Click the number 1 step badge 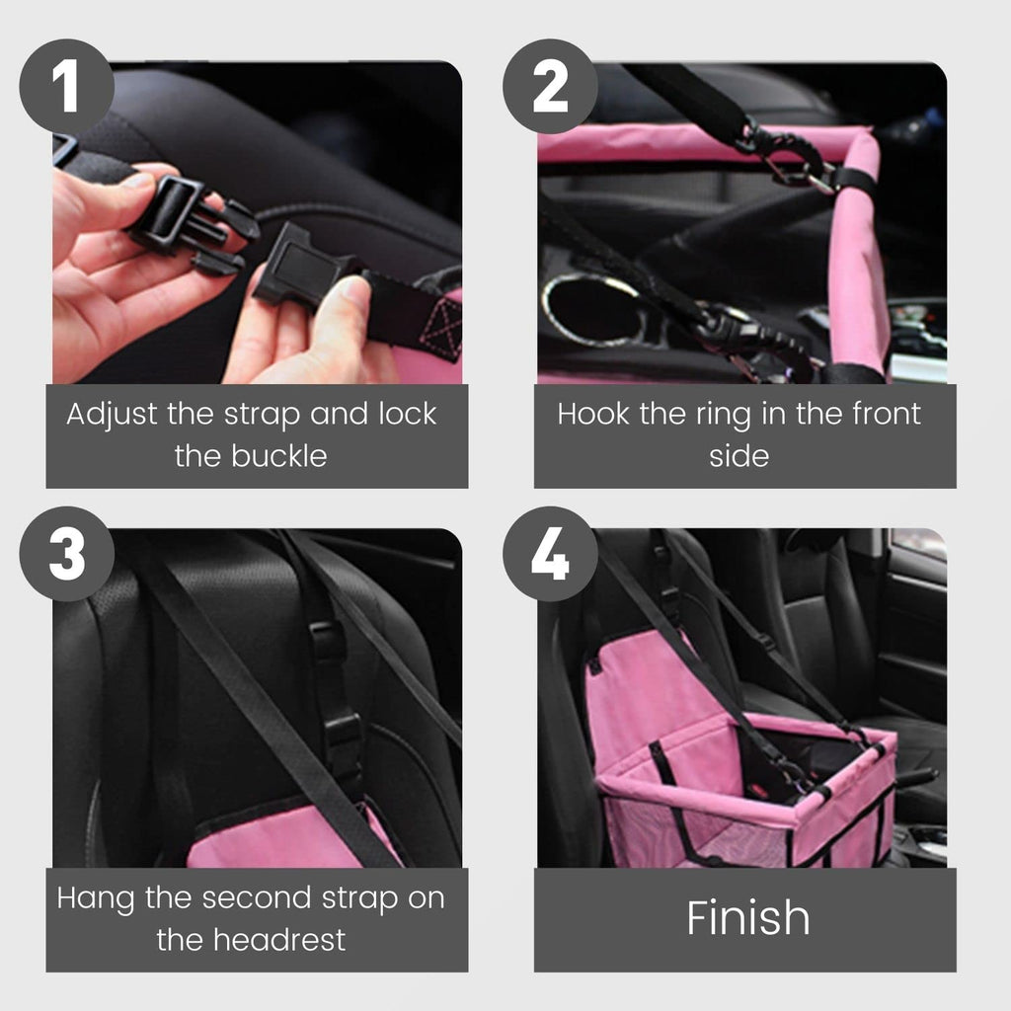click(x=67, y=87)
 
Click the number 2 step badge click(x=550, y=87)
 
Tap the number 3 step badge click(x=67, y=554)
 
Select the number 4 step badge click(x=550, y=554)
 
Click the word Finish click(x=748, y=917)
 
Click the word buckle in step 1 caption click(x=279, y=456)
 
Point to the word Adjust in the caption click(x=112, y=415)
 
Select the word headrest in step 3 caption click(x=279, y=940)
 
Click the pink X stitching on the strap click(x=441, y=326)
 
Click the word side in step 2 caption click(x=739, y=456)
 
